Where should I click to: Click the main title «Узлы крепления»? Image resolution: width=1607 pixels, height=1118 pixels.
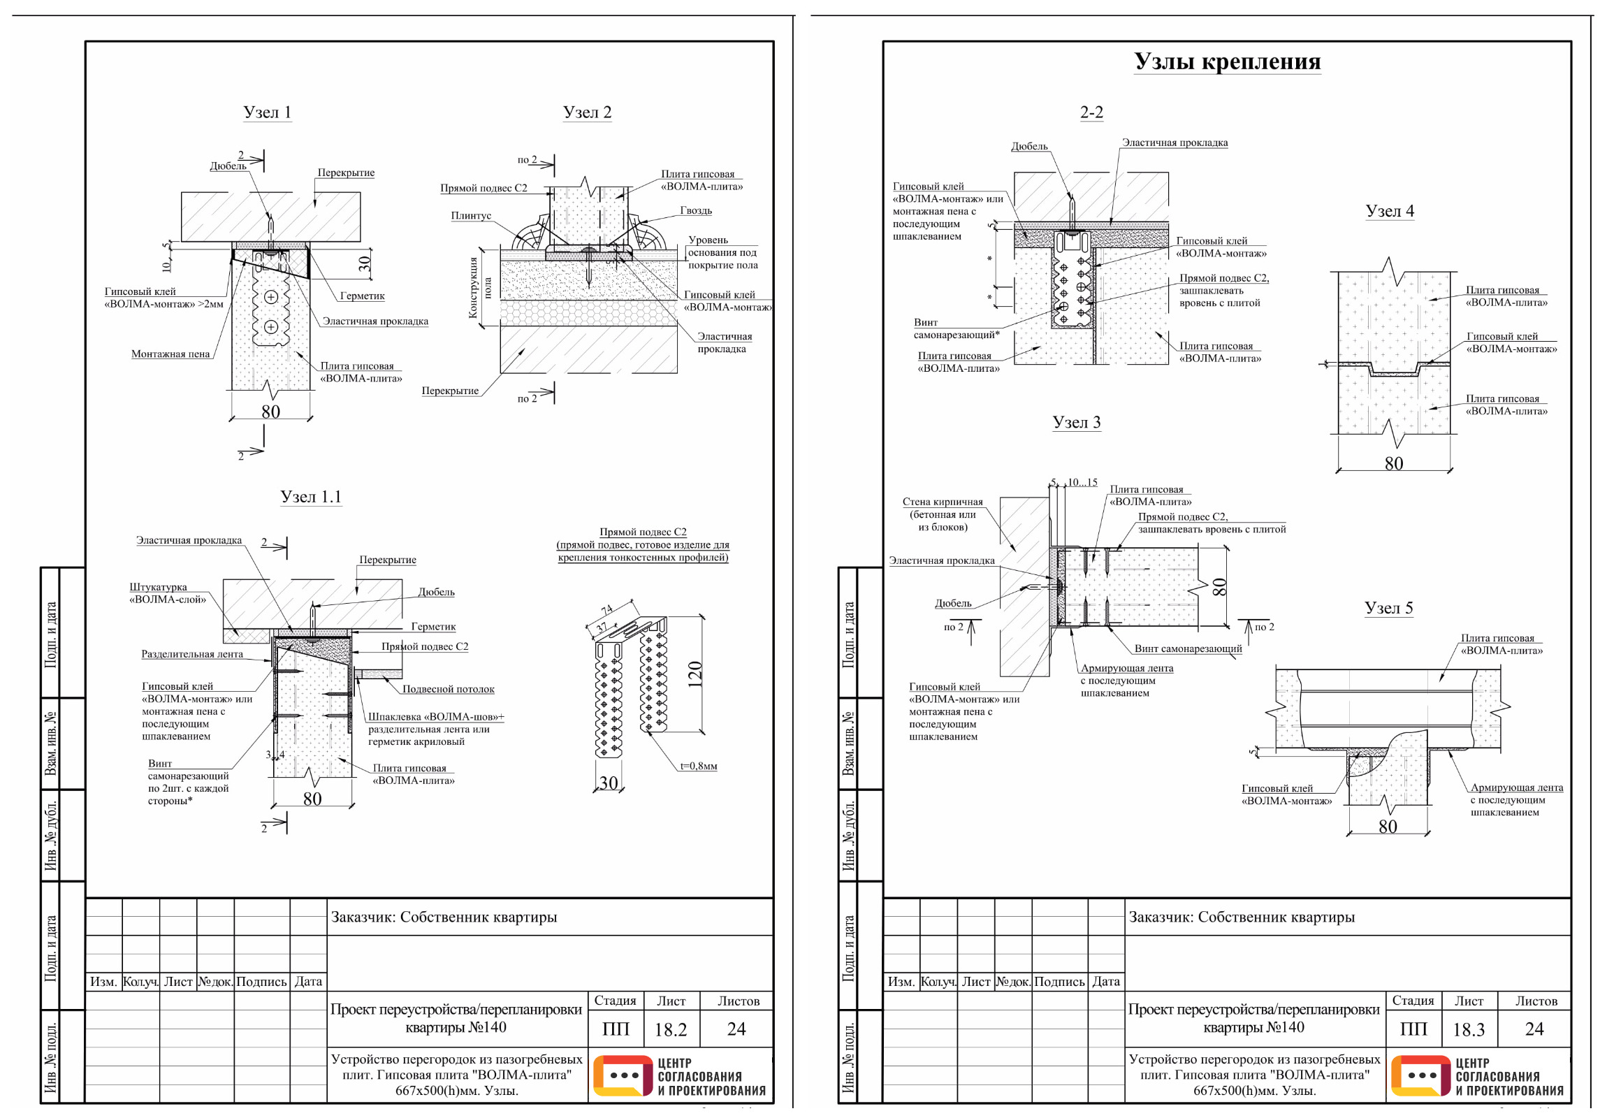click(x=1227, y=61)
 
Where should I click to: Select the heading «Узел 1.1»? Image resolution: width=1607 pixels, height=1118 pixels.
click(x=311, y=496)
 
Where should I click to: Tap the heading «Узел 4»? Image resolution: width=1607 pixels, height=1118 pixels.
click(x=1389, y=211)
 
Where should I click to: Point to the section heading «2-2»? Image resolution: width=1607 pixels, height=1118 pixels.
click(x=1091, y=112)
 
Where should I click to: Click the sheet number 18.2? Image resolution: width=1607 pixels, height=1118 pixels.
click(x=671, y=1029)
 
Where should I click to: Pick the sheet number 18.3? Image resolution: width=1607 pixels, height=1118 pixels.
click(x=1469, y=1029)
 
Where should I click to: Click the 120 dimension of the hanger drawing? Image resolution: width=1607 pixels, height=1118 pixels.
click(x=695, y=674)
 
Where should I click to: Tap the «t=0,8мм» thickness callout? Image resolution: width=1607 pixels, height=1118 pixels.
click(x=699, y=766)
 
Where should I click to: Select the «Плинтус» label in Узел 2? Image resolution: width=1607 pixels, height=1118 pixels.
click(x=471, y=216)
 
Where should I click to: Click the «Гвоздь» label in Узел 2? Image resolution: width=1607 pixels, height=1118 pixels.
click(x=696, y=210)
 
